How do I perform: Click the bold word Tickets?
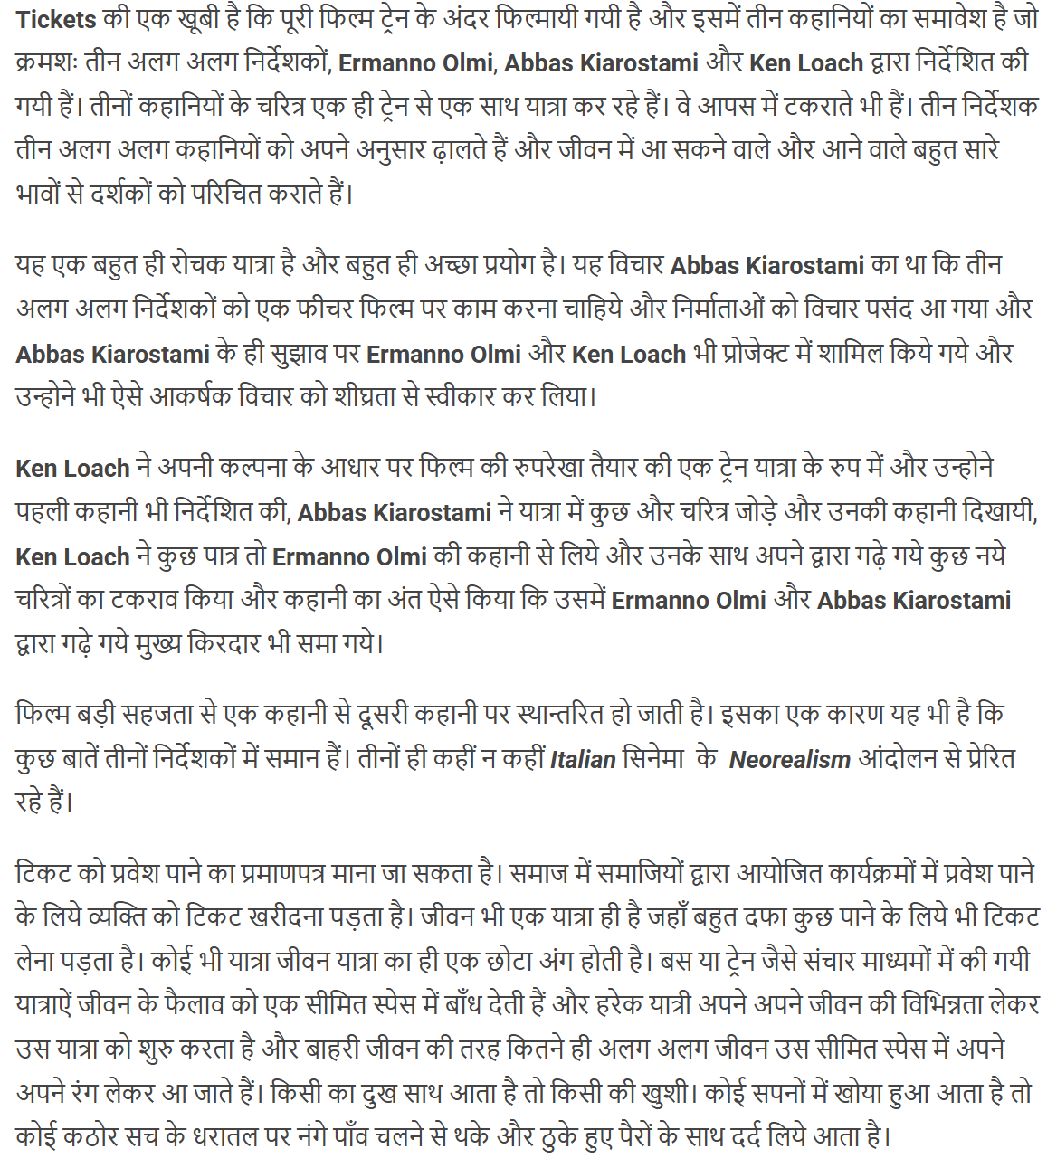(x=56, y=19)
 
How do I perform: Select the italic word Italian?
(x=583, y=759)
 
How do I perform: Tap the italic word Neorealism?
(x=789, y=759)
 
